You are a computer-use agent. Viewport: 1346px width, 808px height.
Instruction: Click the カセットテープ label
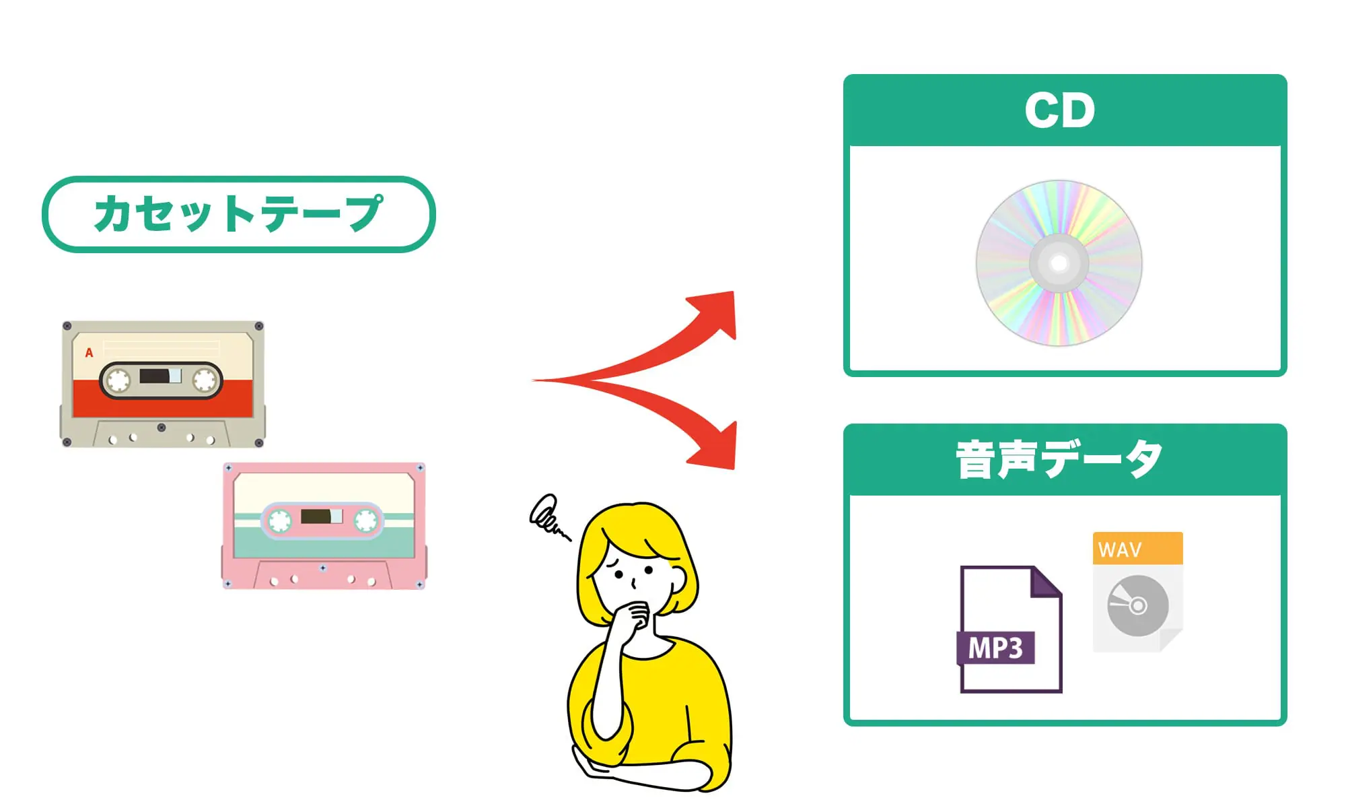[x=238, y=214]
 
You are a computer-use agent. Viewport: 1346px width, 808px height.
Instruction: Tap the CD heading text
[x=1059, y=110]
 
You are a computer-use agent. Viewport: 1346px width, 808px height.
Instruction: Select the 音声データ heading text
[x=1059, y=460]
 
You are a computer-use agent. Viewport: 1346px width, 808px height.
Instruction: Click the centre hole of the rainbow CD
[x=1059, y=263]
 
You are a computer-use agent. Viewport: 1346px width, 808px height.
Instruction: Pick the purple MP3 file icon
[x=1010, y=630]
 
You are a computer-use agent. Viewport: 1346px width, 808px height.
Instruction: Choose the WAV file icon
[x=1137, y=593]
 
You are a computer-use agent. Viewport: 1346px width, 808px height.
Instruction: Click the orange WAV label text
[x=1120, y=550]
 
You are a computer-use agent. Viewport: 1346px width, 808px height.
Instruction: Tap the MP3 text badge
[x=995, y=648]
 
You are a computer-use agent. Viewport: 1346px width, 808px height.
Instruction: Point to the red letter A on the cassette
[x=89, y=353]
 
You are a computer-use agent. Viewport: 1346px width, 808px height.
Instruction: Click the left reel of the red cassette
[x=118, y=380]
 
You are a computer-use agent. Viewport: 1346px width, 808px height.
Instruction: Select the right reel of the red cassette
[x=204, y=380]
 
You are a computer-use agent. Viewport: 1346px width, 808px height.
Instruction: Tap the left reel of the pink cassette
[x=279, y=520]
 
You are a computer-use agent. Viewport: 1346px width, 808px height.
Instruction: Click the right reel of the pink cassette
[x=366, y=520]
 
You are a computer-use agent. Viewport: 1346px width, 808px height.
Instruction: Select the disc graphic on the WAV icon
[x=1137, y=605]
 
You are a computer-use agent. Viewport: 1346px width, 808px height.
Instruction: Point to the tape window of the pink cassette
[x=322, y=516]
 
